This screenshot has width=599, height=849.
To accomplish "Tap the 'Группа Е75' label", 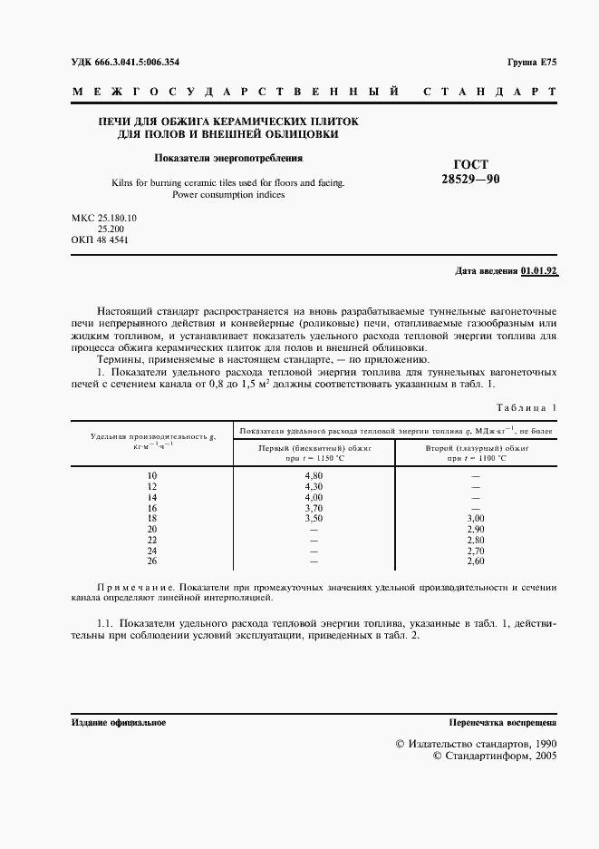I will pos(532,62).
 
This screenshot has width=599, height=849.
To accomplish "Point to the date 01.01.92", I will pos(539,271).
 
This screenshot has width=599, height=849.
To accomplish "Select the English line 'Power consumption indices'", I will pos(228,194).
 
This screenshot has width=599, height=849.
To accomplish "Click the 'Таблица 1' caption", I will pos(529,408).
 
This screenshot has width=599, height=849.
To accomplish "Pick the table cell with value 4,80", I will pos(314,475).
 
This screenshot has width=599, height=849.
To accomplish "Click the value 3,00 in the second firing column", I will pos(476,518).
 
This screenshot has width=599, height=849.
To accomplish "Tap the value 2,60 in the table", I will pos(476,561).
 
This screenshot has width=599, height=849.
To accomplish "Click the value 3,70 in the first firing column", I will pos(314,508).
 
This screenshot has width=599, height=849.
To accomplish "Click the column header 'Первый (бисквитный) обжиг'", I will pos(314,448).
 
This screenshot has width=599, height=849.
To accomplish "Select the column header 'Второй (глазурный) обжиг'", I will pos(476,448).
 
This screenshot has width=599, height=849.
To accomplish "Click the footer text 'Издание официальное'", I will pos(118,723).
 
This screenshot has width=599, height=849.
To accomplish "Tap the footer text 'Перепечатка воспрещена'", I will pos(503,723).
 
